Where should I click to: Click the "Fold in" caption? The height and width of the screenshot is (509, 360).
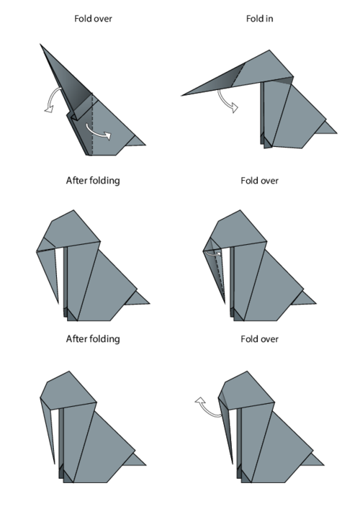click(x=259, y=19)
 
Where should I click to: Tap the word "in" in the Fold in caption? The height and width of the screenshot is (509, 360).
click(x=269, y=19)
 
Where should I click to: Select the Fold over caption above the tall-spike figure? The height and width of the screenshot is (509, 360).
click(x=93, y=19)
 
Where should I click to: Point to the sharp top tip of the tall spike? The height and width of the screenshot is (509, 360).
click(x=40, y=44)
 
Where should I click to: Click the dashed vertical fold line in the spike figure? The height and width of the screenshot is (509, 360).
click(x=92, y=125)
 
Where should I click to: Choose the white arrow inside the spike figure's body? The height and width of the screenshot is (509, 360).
click(x=98, y=132)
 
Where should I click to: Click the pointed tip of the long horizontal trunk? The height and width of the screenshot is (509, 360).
click(x=181, y=96)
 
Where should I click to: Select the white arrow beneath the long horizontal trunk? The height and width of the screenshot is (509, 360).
click(x=227, y=101)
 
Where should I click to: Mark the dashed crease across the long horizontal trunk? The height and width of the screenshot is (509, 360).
click(x=238, y=75)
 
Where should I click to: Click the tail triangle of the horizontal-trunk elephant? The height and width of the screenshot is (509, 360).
click(x=325, y=128)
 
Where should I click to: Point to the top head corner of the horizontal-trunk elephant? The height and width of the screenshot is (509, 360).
click(x=269, y=50)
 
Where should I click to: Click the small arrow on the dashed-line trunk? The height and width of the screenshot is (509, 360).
click(x=213, y=253)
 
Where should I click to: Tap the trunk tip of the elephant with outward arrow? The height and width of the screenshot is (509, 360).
click(x=233, y=464)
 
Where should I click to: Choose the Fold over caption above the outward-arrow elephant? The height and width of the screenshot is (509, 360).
click(x=259, y=339)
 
